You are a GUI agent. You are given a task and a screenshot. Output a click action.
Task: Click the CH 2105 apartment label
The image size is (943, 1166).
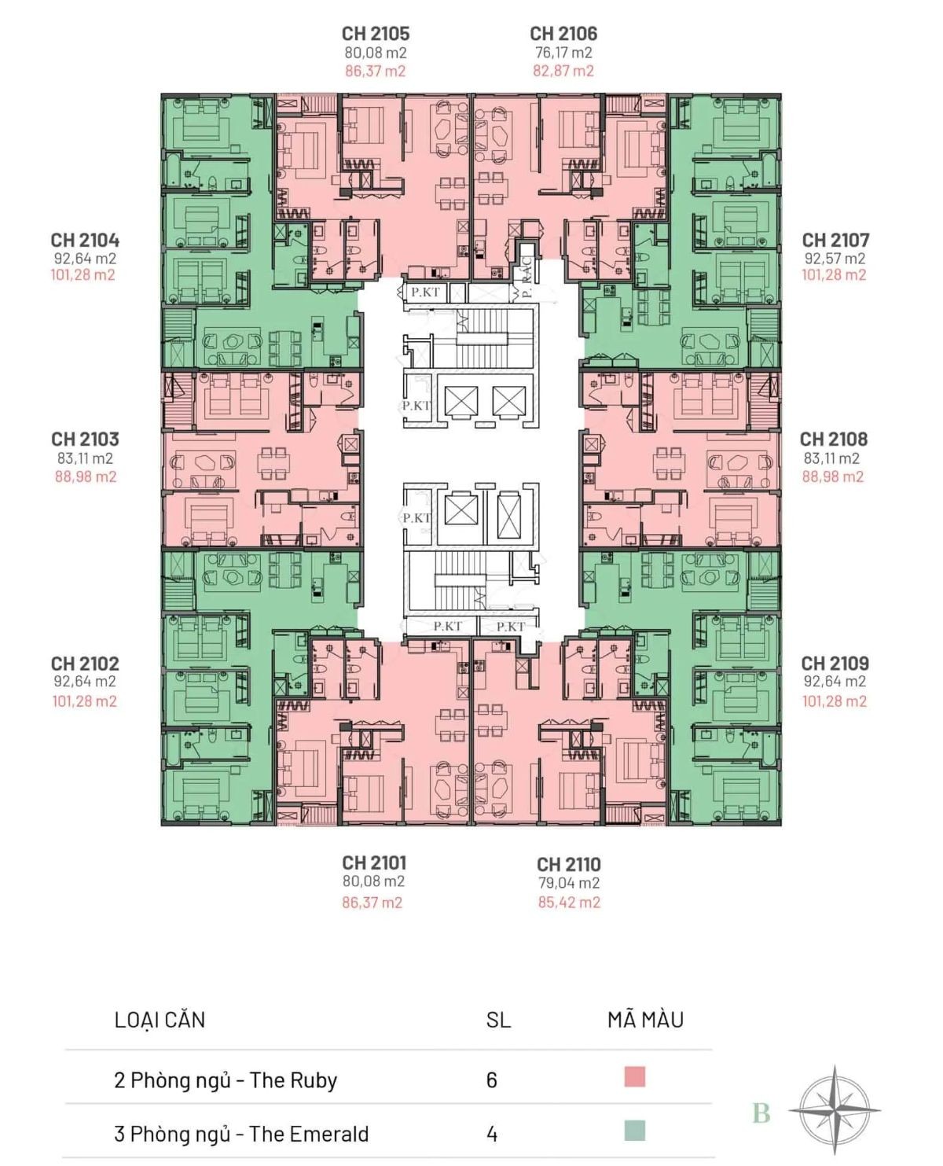[375, 34]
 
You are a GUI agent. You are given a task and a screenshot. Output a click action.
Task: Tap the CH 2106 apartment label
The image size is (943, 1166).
[563, 34]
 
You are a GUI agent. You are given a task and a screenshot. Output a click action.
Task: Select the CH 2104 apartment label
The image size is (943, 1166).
[85, 240]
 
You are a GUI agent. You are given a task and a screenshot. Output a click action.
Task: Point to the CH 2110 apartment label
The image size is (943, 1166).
[569, 864]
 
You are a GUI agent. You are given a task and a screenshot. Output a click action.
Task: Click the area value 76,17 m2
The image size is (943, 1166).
[563, 53]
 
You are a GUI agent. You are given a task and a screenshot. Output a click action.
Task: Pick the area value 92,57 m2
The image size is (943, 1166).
[835, 258]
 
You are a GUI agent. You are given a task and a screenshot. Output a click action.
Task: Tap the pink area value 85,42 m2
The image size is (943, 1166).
[569, 902]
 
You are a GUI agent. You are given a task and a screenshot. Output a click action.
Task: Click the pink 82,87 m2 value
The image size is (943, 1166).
[563, 71]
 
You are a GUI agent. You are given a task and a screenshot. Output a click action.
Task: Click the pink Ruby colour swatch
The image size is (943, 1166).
[634, 1077]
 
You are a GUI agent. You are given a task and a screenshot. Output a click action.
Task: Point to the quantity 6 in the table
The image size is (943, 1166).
[492, 1080]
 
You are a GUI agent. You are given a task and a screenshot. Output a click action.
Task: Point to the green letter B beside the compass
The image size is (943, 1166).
[761, 1113]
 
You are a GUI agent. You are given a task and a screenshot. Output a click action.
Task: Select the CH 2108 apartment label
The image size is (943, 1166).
[834, 439]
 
